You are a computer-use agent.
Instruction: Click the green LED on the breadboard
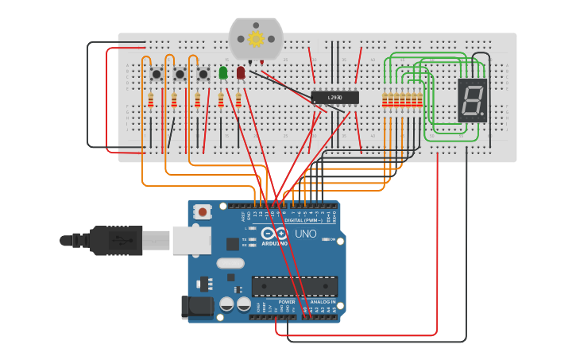pos(223,72)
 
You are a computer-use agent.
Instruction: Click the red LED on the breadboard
pos(241,72)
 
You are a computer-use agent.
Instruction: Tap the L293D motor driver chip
pos(334,98)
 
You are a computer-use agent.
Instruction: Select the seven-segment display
pos(472,100)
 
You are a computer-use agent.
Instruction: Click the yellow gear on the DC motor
pos(256,38)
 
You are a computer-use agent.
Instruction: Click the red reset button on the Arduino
pos(203,211)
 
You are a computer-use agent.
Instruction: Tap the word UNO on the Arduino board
pos(306,234)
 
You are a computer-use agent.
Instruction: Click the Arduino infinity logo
pos(274,234)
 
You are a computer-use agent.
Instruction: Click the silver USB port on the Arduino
pos(191,240)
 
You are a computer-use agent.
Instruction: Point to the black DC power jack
pos(195,307)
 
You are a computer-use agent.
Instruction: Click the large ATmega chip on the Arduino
pos(295,286)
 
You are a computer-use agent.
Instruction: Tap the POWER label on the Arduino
pos(287,302)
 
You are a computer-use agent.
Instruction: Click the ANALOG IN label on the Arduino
pos(323,302)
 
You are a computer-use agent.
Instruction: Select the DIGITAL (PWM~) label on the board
pos(311,219)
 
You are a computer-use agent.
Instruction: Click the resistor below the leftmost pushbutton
pos(151,100)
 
